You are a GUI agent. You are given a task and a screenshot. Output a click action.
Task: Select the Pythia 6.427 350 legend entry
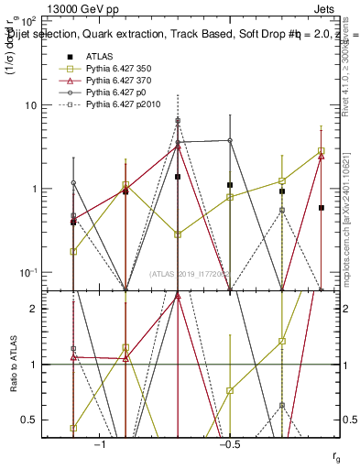click(106, 69)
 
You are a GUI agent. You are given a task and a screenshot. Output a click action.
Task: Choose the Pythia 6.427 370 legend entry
click(106, 81)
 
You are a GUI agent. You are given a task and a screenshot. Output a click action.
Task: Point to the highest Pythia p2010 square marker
click(178, 121)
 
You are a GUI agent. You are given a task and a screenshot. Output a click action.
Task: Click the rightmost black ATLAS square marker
click(322, 208)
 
